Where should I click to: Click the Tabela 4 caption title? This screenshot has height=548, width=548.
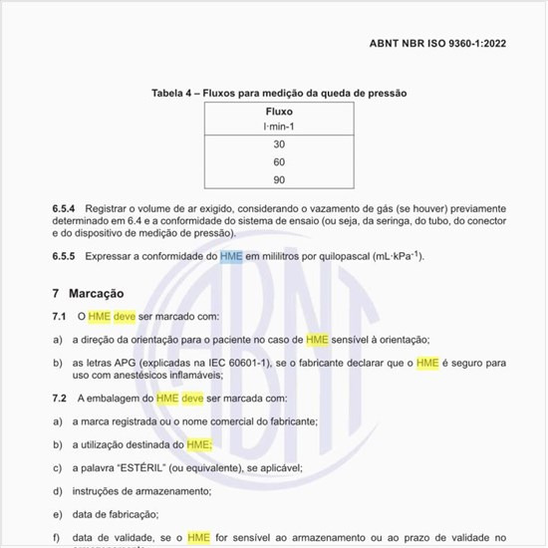pyautogui.click(x=278, y=93)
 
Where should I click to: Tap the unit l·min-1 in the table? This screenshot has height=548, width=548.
pyautogui.click(x=278, y=127)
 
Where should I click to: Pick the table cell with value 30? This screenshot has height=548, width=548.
pyautogui.click(x=278, y=144)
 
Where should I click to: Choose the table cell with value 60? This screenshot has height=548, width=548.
pyautogui.click(x=278, y=161)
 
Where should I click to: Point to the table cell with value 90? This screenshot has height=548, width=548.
pyautogui.click(x=278, y=179)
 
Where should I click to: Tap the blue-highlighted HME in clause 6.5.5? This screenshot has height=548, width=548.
pyautogui.click(x=231, y=256)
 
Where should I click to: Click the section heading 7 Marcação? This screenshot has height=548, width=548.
pyautogui.click(x=88, y=295)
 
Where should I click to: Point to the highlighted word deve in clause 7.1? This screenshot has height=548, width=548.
pyautogui.click(x=125, y=317)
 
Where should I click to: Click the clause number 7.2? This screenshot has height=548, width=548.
pyautogui.click(x=59, y=398)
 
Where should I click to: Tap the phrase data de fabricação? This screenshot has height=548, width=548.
pyautogui.click(x=116, y=513)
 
